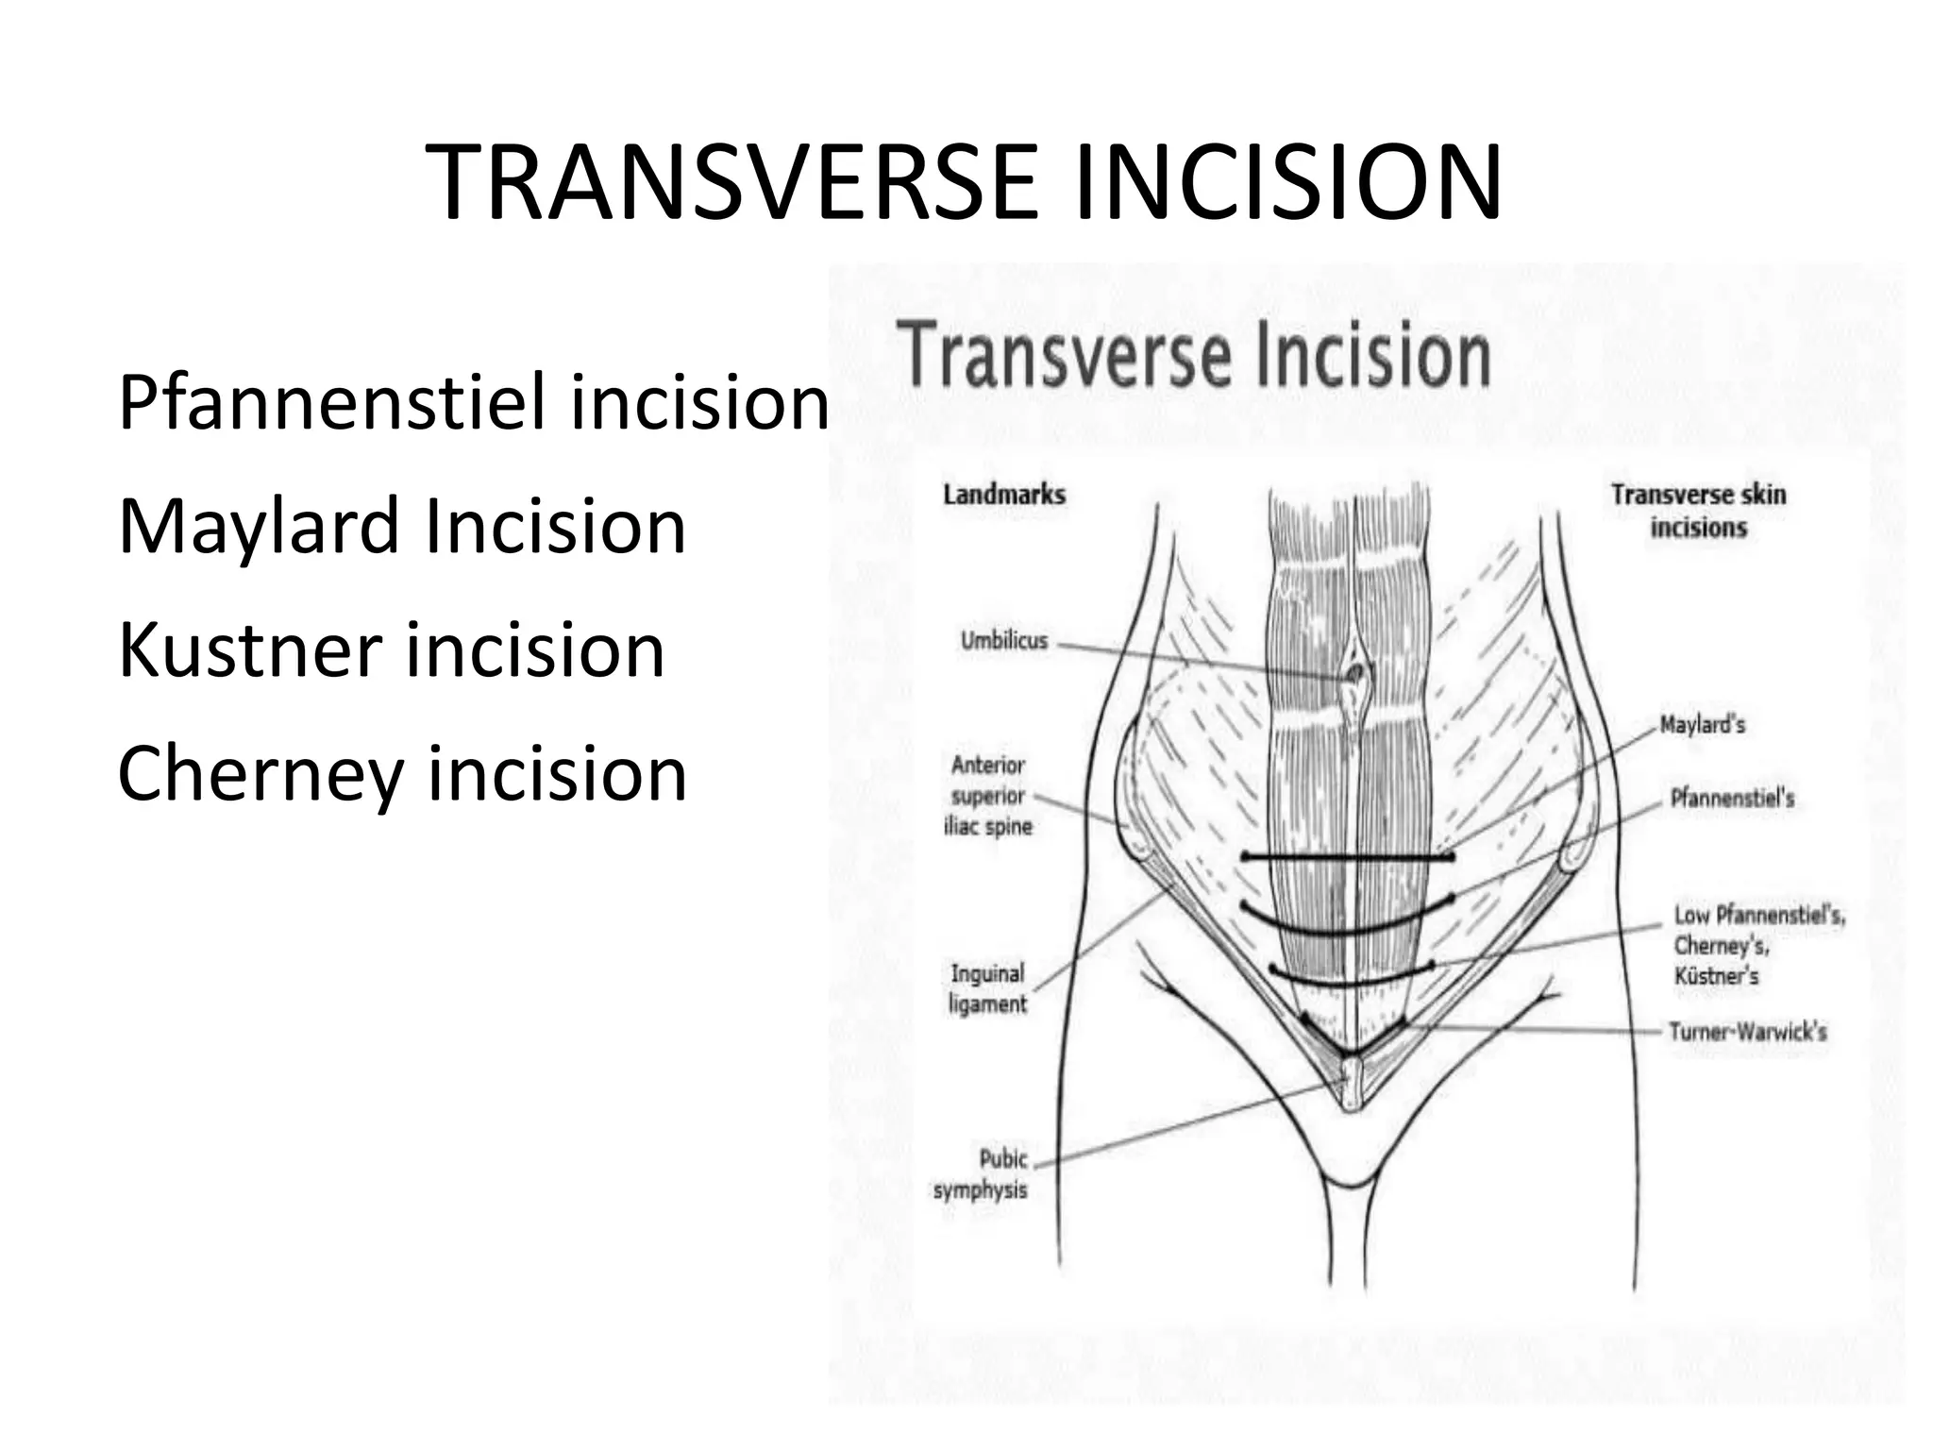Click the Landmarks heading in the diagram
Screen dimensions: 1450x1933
(x=1004, y=495)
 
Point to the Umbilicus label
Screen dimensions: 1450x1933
(x=1004, y=641)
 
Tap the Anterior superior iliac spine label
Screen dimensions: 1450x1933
(x=988, y=796)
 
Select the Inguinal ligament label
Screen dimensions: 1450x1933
(x=987, y=988)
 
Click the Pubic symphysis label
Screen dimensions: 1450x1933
(x=982, y=1173)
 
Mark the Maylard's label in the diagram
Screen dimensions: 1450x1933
(x=1702, y=725)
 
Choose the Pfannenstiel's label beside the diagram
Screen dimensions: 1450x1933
(x=1732, y=799)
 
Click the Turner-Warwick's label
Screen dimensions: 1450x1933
(x=1747, y=1032)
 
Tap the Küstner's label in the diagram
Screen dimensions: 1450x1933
(x=1716, y=976)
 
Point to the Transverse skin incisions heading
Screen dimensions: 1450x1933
(x=1698, y=510)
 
